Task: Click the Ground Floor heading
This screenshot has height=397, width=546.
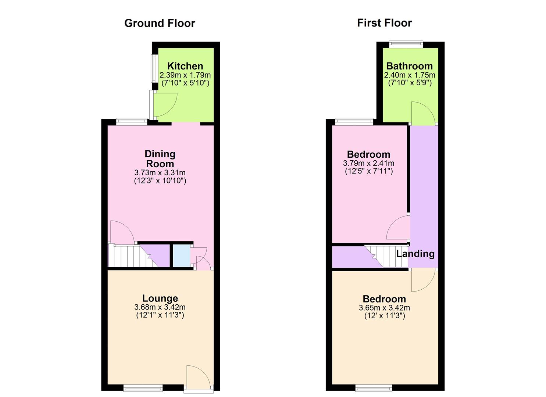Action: (x=160, y=23)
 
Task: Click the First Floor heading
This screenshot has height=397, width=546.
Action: (x=384, y=23)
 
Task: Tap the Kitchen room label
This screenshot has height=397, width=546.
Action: (x=185, y=66)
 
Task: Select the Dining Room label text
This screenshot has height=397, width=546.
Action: (x=160, y=159)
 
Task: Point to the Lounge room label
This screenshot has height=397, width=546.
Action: (x=160, y=298)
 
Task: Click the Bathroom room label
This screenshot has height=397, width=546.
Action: (x=409, y=66)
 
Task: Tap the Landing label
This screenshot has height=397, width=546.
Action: (x=415, y=254)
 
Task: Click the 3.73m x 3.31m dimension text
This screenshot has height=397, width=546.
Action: (x=160, y=173)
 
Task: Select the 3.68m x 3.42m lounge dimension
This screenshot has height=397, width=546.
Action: (x=160, y=307)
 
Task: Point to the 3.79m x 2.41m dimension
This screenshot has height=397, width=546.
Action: (x=368, y=163)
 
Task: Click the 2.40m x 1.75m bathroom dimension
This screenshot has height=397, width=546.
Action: (x=410, y=75)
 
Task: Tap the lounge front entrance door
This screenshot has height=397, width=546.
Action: (x=199, y=377)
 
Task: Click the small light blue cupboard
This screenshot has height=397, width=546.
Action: (x=181, y=255)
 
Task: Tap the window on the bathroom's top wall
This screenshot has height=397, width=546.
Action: (x=406, y=44)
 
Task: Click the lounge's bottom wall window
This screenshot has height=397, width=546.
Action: (x=143, y=387)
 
